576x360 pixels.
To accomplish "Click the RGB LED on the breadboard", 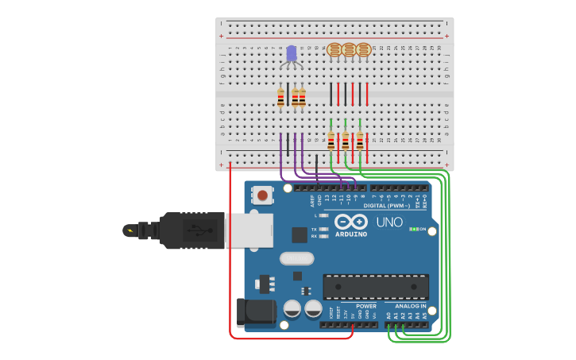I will pyautogui.click(x=292, y=54).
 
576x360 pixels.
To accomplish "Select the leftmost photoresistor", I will pyautogui.click(x=334, y=50).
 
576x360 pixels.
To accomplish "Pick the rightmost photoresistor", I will pyautogui.click(x=363, y=50).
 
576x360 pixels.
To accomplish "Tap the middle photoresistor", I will pyautogui.click(x=349, y=50).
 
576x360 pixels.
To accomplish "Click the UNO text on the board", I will pyautogui.click(x=389, y=222).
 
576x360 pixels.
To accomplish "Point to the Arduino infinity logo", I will pyautogui.click(x=350, y=222).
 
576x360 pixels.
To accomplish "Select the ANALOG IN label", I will pyautogui.click(x=406, y=306).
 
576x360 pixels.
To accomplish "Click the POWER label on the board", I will pyautogui.click(x=366, y=306).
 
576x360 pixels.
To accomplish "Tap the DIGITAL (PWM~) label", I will pyautogui.click(x=387, y=205).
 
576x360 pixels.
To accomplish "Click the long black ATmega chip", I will pyautogui.click(x=375, y=287).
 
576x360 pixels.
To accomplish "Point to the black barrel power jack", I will pyautogui.click(x=253, y=312).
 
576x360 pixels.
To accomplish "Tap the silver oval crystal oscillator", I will pyautogui.click(x=296, y=258).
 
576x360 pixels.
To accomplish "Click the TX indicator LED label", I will pyautogui.click(x=315, y=228).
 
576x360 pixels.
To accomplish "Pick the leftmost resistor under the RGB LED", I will pyautogui.click(x=280, y=99).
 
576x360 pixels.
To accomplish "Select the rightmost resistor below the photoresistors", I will pyautogui.click(x=360, y=141).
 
